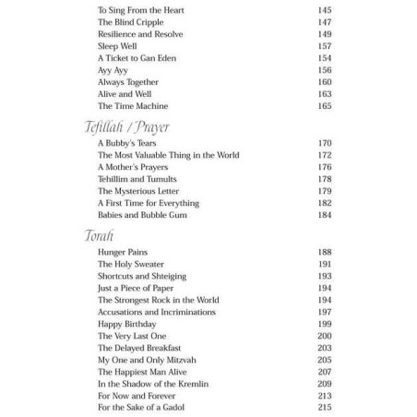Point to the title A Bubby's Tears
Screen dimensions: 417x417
click(x=125, y=143)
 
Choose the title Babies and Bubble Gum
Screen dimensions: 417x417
click(x=137, y=215)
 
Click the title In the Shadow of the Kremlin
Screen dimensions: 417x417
click(x=150, y=382)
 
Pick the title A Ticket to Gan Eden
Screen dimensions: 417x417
click(x=133, y=57)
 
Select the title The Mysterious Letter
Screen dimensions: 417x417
click(x=137, y=191)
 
